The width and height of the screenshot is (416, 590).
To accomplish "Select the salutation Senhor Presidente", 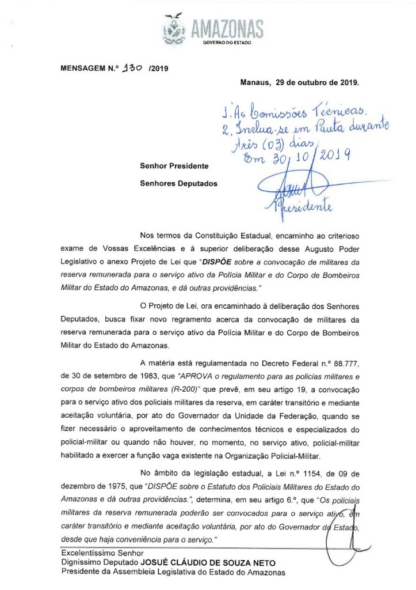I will (x=174, y=166).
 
